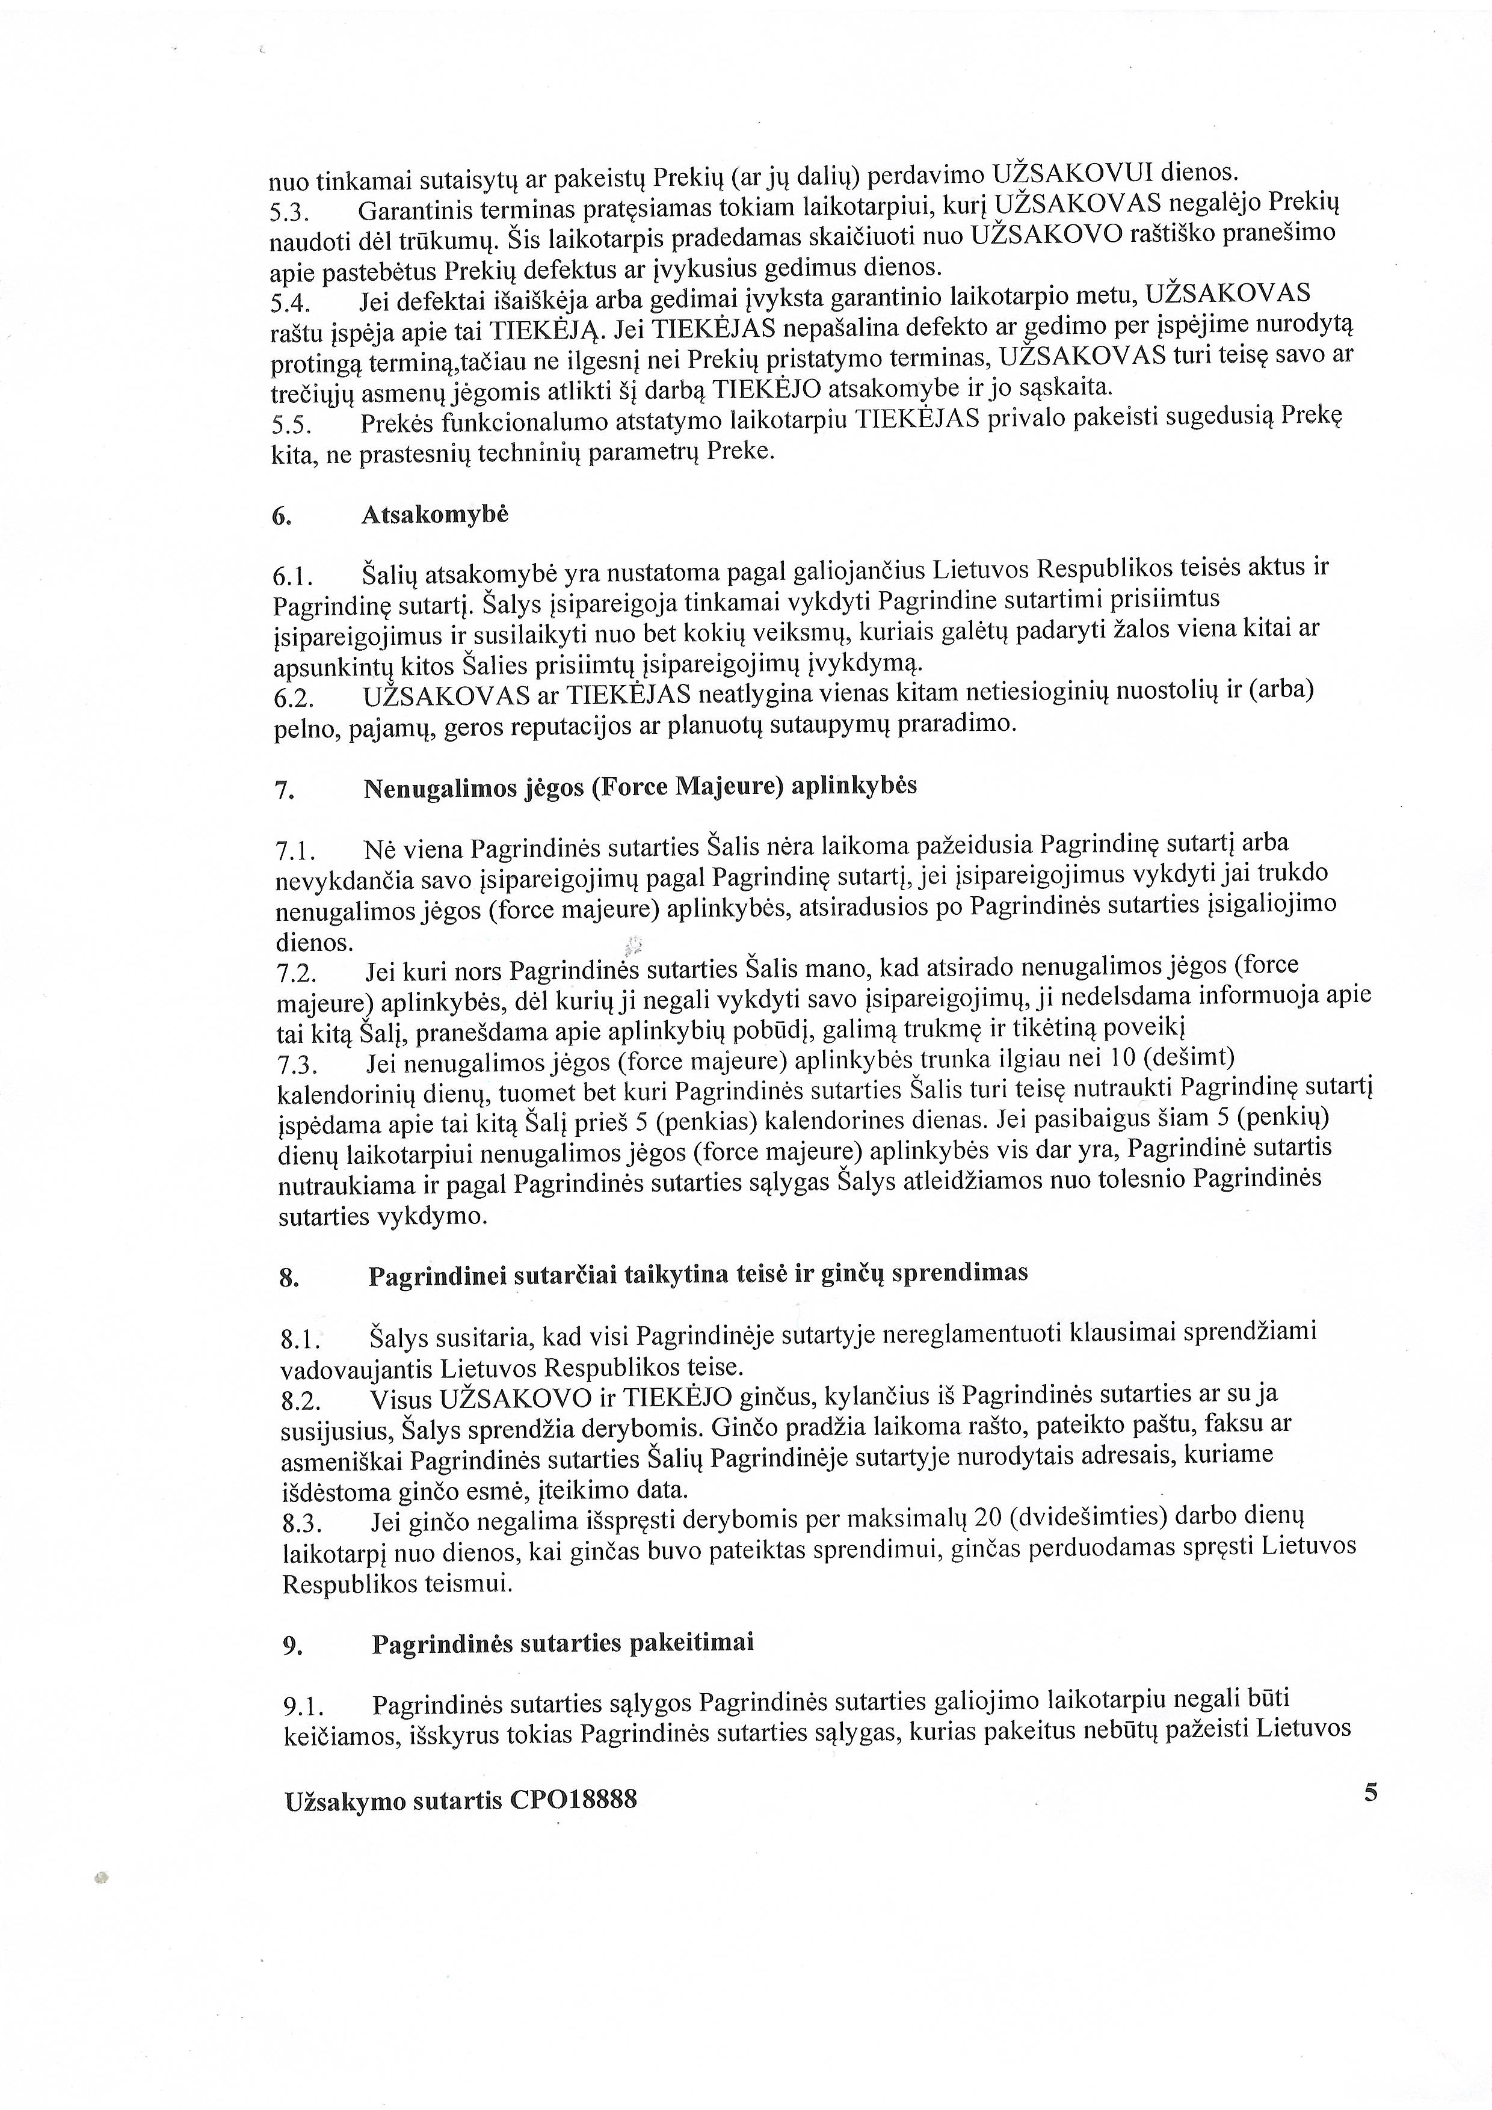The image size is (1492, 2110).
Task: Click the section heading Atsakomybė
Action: pyautogui.click(x=434, y=515)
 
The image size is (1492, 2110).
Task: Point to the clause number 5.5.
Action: pyautogui.click(x=292, y=425)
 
